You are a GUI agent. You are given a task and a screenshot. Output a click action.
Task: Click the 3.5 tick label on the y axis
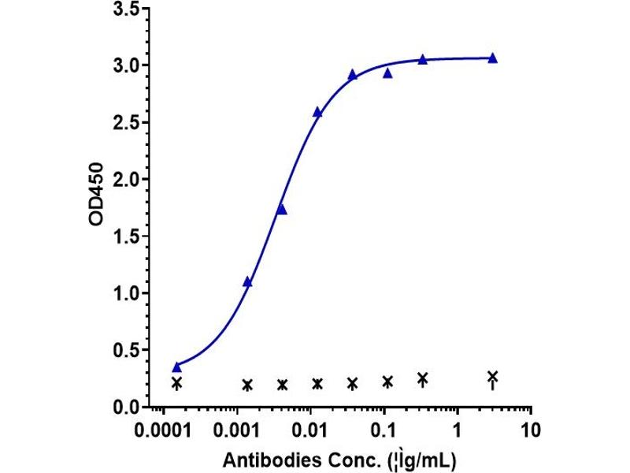coord(127,9)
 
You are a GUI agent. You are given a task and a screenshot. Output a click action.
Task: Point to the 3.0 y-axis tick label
coord(127,65)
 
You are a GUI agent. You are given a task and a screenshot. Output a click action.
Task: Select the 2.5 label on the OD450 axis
coord(127,122)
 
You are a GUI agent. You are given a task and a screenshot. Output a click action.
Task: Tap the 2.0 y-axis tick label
coord(127,179)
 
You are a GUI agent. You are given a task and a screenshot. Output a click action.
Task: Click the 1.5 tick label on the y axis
coord(127,236)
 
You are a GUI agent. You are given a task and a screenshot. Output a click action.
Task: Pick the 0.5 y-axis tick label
coord(127,350)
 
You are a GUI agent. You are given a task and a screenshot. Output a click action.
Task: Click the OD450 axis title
coord(96,194)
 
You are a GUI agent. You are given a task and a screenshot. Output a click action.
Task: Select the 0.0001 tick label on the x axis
coord(163,430)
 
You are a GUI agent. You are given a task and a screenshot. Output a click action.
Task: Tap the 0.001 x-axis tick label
coord(237,430)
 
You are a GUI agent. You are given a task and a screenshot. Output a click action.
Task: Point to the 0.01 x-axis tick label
coord(309,430)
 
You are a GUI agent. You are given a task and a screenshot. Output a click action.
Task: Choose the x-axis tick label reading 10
coord(531,430)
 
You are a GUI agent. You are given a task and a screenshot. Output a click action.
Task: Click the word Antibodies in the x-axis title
coord(272,460)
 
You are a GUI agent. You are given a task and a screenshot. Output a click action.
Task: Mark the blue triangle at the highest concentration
coord(493,58)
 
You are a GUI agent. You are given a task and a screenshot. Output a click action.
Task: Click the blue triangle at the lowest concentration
coord(176,367)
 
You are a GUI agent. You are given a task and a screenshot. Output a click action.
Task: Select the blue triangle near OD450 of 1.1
coord(247,282)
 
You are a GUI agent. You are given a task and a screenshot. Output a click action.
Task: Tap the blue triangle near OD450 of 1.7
coord(282,209)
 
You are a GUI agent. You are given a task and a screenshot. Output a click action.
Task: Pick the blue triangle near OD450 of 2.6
coord(317,112)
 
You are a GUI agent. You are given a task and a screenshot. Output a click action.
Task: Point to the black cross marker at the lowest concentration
coord(176,383)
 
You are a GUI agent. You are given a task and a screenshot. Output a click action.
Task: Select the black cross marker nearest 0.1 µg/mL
coord(387,381)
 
